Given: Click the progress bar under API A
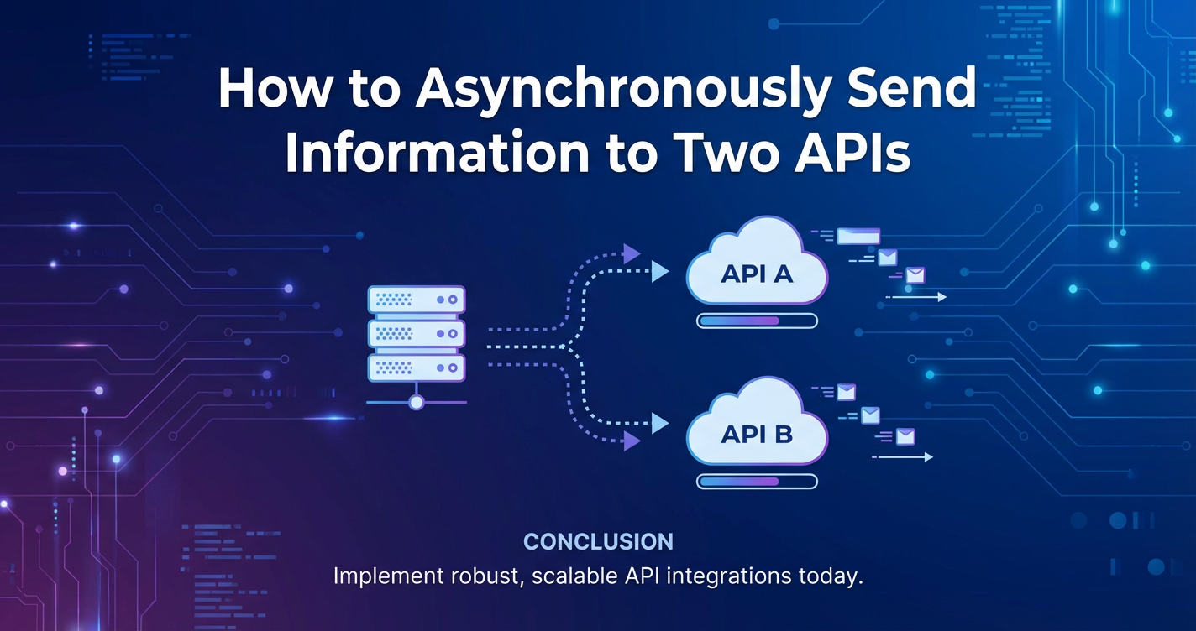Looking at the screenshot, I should point(757,321).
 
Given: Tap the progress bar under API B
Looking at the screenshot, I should point(757,482).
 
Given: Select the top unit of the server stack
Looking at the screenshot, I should point(416,299).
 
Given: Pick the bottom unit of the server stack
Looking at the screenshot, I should point(416,367).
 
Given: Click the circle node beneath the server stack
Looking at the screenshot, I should point(416,403).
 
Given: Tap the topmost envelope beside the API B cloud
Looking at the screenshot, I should point(845,392).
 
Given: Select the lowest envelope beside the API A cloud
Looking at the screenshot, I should point(915,275).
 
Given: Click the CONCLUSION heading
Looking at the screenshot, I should point(598,541).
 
